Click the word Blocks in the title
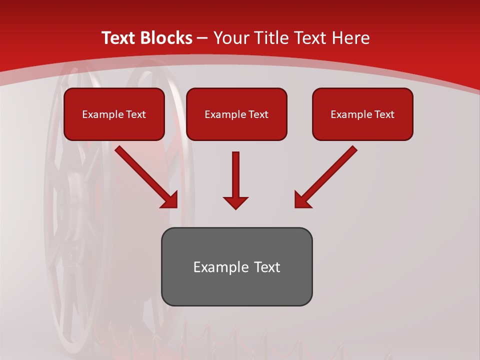(x=166, y=38)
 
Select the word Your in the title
(x=230, y=38)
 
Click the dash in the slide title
(x=202, y=38)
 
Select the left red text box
(x=114, y=114)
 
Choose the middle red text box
(x=236, y=114)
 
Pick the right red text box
(x=362, y=114)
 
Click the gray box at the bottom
(x=236, y=266)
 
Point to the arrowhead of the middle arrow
(x=235, y=202)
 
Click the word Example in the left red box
(x=103, y=114)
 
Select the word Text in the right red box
(x=384, y=114)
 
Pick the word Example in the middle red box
(x=225, y=114)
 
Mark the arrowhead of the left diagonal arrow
(x=170, y=200)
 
